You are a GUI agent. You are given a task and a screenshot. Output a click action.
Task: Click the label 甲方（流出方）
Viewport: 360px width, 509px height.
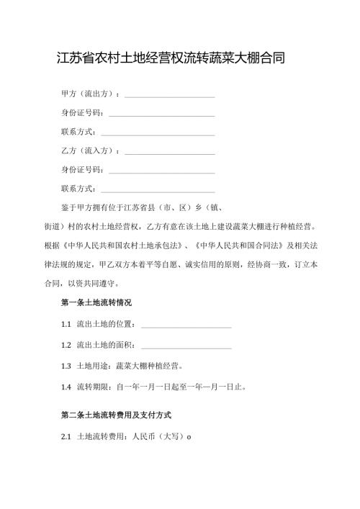(x=91, y=94)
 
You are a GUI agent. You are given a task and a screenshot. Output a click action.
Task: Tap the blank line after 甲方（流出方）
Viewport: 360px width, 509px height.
(x=170, y=96)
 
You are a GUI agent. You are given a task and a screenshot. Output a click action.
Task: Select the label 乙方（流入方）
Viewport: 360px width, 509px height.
(x=91, y=151)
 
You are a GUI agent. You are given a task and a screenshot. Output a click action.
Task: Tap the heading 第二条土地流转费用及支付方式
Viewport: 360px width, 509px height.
(x=116, y=416)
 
